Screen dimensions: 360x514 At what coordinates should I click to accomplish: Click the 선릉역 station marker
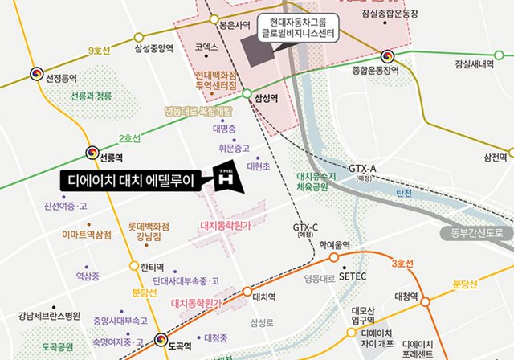[x=91, y=153]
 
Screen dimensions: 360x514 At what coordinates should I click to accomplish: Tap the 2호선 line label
[x=129, y=138]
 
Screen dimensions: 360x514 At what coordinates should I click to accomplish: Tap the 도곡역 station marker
[x=162, y=339]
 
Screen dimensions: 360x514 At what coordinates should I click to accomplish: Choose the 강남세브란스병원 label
[x=50, y=315]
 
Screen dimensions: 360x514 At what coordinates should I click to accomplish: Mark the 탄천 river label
[x=403, y=194]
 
